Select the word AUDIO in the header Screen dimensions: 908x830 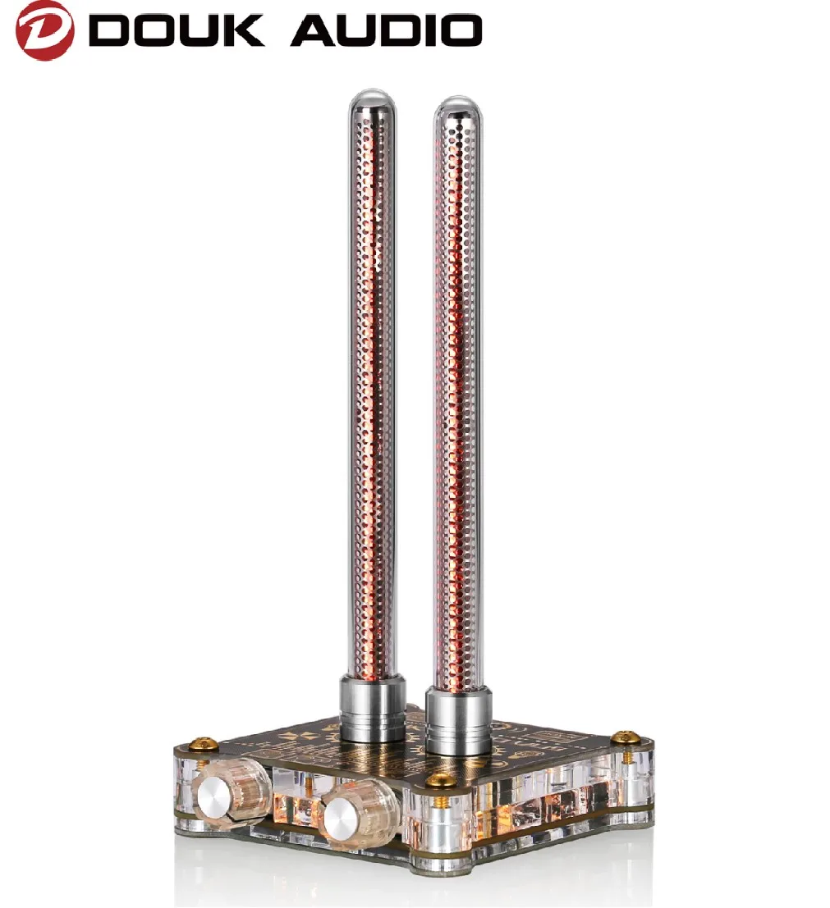coord(386,31)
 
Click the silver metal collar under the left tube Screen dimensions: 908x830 coord(373,707)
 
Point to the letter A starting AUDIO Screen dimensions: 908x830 coord(314,31)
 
